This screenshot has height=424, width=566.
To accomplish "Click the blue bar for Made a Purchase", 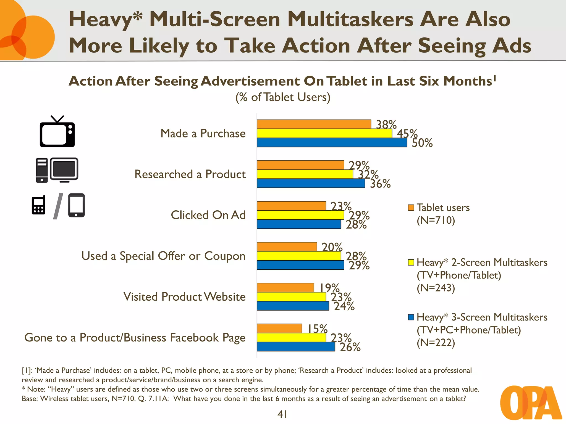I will [x=332, y=142].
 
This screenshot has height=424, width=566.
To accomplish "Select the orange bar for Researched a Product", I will [x=300, y=165].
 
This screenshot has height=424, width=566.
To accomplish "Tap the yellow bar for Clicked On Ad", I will [x=300, y=215].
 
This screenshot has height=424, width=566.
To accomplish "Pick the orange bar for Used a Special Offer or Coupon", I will [x=287, y=247].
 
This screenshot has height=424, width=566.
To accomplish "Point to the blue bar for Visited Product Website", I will [x=293, y=306].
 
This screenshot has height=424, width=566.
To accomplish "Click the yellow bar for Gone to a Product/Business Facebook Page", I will [x=291, y=337].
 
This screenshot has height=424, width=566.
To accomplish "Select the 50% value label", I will [x=422, y=143].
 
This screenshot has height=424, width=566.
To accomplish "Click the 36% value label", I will [x=380, y=184].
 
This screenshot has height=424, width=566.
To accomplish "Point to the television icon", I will [x=57, y=132].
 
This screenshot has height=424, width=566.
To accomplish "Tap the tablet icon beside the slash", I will [x=77, y=205].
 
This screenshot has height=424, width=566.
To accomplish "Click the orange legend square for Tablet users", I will [x=411, y=208].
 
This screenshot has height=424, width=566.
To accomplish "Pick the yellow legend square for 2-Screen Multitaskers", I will [x=411, y=262].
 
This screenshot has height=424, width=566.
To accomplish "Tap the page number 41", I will [x=282, y=414].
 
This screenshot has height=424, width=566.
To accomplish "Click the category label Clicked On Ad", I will [x=208, y=215].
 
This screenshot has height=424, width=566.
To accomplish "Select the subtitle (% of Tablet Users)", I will [x=283, y=97].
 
